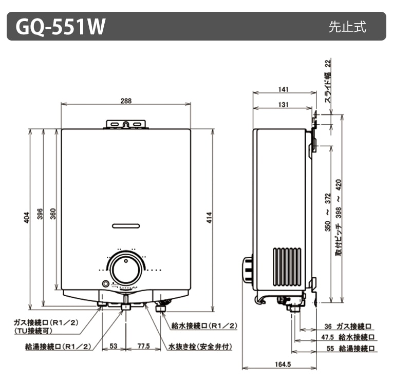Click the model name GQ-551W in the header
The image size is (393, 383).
(61, 27)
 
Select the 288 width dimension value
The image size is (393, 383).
(126, 101)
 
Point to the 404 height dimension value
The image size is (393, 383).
(27, 218)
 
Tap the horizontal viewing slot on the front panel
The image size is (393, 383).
(126, 225)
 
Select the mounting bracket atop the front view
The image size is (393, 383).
(126, 124)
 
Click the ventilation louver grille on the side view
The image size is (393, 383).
(287, 266)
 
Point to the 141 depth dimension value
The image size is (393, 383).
(283, 89)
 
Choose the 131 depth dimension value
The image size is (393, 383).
(283, 105)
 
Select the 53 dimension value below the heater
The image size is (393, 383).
(114, 347)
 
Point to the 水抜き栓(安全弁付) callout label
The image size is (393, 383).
(200, 347)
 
